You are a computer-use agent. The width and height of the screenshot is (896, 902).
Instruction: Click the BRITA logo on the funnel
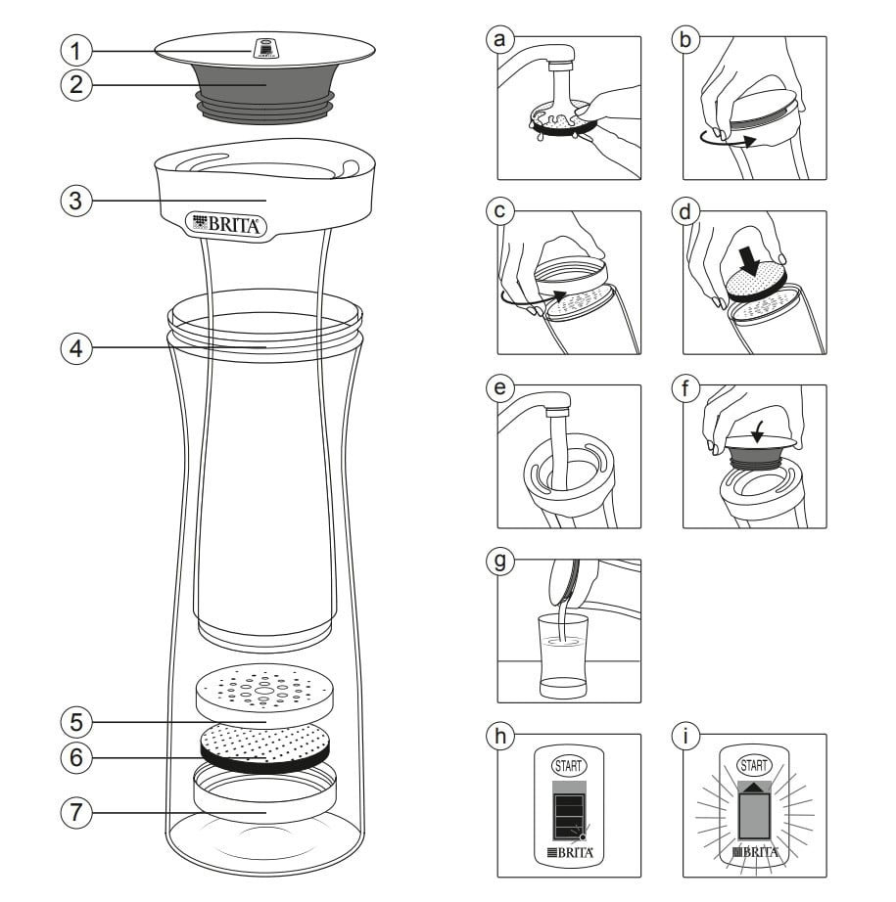click(x=225, y=224)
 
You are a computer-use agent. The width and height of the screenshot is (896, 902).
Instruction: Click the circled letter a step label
click(x=501, y=38)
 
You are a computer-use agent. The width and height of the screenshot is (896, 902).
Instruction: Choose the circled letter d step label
click(x=685, y=212)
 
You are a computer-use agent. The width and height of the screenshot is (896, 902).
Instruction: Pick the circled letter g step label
click(x=501, y=562)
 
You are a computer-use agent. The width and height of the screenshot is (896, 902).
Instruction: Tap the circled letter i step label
click(x=685, y=736)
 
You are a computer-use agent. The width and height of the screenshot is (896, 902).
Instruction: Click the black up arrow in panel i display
click(x=754, y=786)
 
